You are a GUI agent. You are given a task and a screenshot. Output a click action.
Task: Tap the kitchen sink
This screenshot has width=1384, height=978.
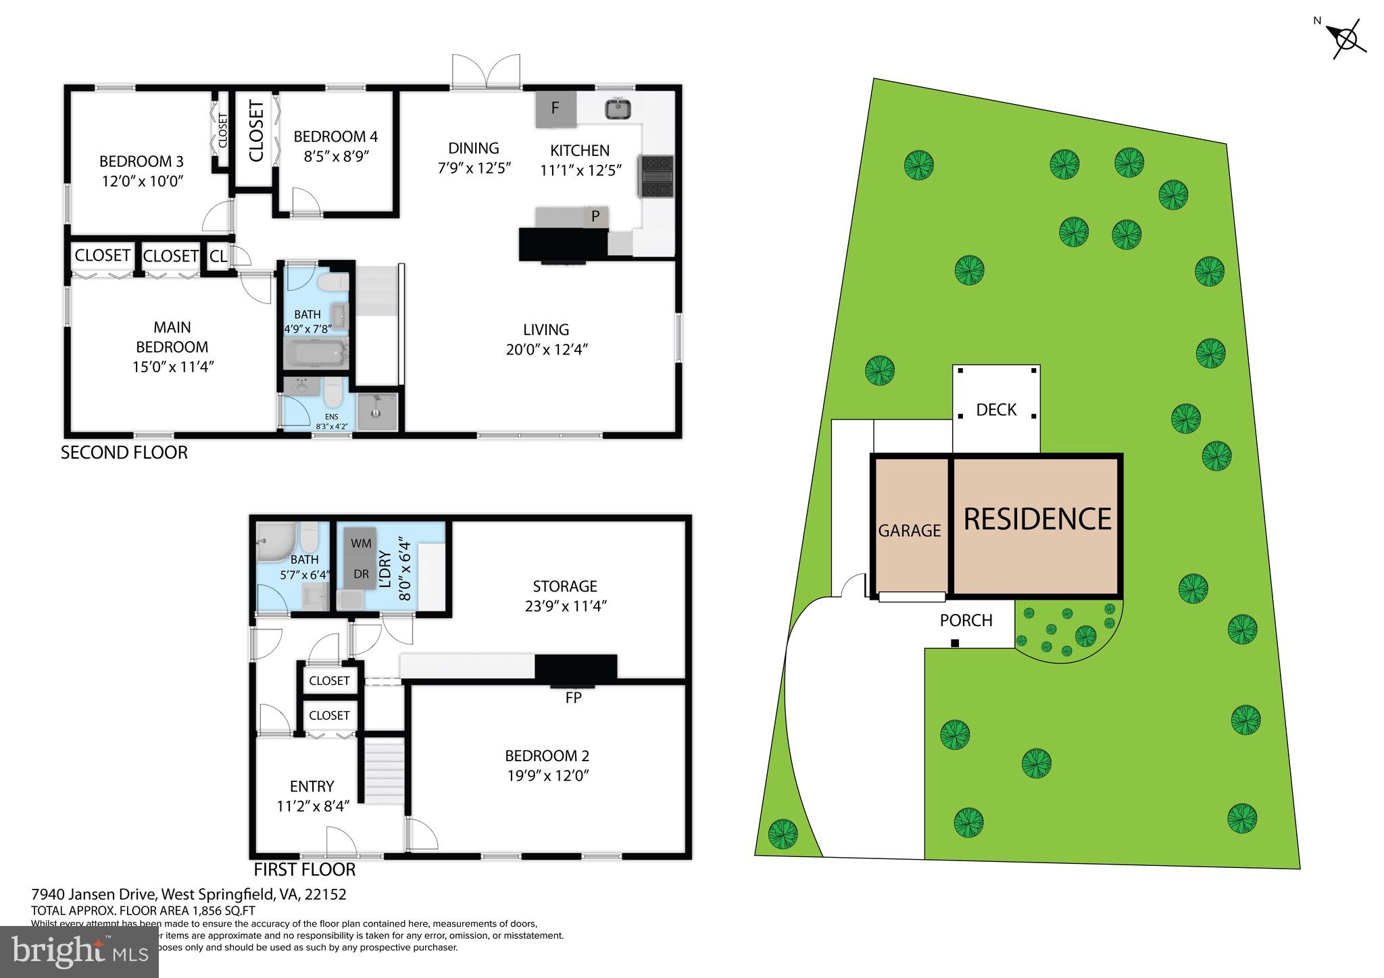tap(618, 109)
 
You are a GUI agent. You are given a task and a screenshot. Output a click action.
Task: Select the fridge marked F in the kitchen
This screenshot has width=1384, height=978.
tap(555, 108)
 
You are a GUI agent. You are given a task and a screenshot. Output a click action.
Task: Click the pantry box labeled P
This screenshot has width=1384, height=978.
tap(595, 217)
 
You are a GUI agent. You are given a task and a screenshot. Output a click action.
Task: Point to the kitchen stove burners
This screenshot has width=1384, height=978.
tap(656, 176)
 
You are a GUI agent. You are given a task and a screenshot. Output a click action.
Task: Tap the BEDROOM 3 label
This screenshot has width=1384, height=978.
tap(141, 161)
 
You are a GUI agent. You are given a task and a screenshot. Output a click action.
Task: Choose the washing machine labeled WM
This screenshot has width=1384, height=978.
tap(361, 544)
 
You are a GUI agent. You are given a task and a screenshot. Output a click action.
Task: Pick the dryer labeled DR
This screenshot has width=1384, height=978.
tap(361, 574)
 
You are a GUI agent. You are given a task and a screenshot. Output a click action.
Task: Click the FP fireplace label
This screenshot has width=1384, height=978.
tap(573, 698)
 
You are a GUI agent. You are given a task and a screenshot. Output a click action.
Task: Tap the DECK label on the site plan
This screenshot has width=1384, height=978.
tap(996, 410)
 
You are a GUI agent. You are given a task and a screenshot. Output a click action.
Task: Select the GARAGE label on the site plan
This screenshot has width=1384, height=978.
tap(909, 531)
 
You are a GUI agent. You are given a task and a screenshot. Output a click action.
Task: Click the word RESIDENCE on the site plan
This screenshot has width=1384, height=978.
tap(1037, 519)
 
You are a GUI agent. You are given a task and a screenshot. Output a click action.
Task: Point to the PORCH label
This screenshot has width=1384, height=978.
tap(966, 620)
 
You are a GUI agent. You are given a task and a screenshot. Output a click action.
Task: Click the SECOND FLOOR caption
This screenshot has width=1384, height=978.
tap(124, 453)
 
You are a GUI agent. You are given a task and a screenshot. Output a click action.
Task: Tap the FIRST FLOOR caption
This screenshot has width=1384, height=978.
tap(304, 869)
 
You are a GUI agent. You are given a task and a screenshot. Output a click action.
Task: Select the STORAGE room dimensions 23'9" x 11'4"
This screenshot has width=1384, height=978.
tap(566, 606)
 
